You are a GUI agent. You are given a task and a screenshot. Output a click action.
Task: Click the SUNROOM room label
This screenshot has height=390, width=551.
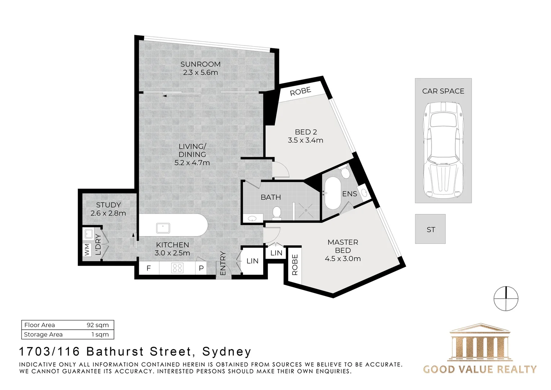(200, 64)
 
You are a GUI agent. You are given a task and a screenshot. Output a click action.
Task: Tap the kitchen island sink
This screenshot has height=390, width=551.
(163, 228)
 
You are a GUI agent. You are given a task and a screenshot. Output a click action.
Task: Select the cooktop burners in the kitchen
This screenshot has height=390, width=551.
(177, 268)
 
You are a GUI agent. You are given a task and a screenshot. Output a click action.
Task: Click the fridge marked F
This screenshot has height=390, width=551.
(149, 268)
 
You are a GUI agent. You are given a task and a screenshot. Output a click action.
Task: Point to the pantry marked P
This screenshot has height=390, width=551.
(201, 268)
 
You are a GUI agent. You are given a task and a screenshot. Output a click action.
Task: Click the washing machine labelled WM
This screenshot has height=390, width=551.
(87, 250)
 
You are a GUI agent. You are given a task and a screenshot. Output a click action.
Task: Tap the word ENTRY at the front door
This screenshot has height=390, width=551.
(222, 263)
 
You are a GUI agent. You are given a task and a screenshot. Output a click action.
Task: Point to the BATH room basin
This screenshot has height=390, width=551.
(252, 218)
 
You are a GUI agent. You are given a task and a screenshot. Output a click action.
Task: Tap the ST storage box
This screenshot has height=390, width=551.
(431, 229)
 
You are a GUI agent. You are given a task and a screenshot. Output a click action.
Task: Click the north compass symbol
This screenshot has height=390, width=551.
(506, 298)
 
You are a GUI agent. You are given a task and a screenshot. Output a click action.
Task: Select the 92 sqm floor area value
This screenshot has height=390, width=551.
(98, 325)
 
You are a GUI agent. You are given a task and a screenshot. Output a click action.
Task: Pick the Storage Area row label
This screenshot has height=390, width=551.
(43, 334)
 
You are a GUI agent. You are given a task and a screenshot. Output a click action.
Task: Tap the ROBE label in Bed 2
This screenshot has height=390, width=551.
(300, 91)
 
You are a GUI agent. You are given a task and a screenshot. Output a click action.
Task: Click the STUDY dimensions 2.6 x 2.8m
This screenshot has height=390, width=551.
(108, 213)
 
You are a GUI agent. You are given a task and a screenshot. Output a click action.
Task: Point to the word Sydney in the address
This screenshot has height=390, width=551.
(226, 352)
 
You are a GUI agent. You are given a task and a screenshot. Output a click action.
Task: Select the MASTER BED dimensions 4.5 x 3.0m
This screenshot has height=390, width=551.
(343, 259)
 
